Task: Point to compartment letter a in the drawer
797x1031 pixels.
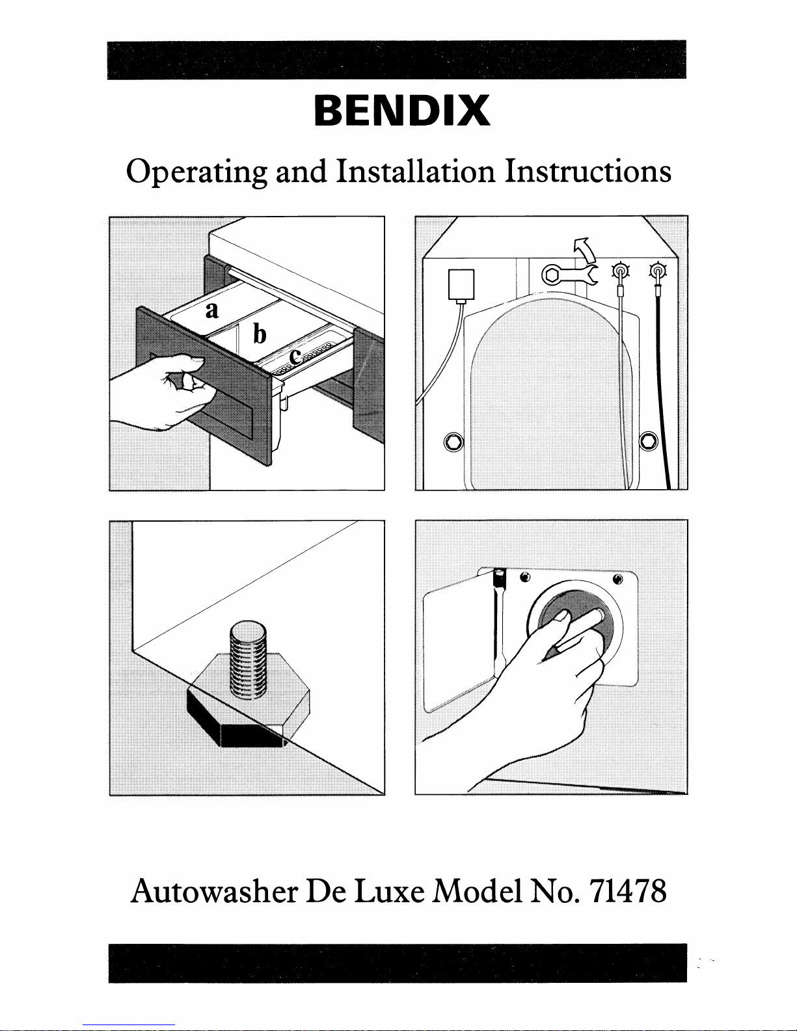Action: [x=211, y=310]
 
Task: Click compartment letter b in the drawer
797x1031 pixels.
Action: [x=260, y=334]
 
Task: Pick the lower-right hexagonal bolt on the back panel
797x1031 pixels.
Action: [x=649, y=442]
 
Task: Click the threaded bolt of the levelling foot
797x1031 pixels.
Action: [x=248, y=660]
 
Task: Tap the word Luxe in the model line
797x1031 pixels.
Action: [x=392, y=891]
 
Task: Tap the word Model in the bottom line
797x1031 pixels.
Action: [x=478, y=891]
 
